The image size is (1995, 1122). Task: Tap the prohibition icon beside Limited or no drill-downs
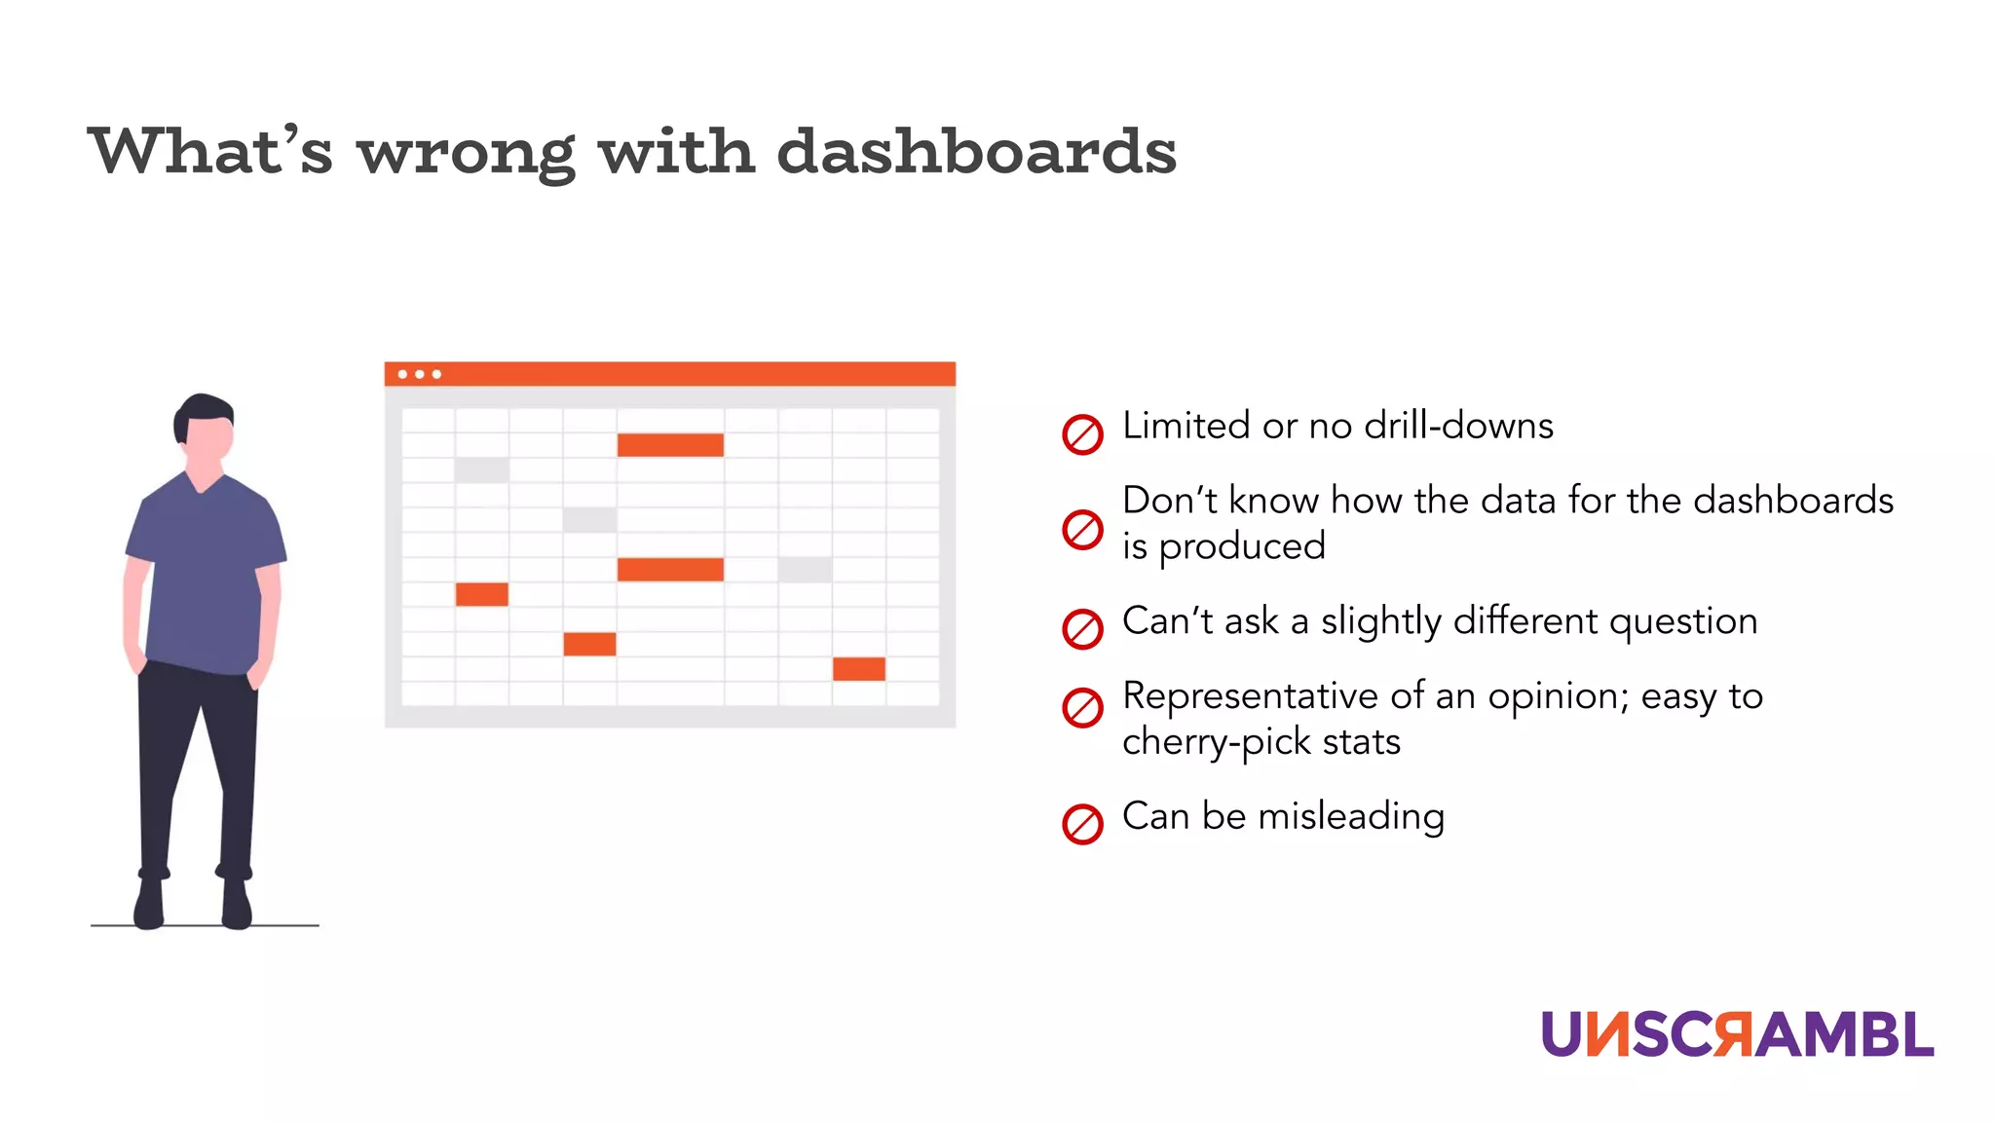pyautogui.click(x=1082, y=434)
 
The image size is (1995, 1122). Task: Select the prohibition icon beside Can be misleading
pyautogui.click(x=1082, y=824)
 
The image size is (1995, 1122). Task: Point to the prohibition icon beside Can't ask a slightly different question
pyautogui.click(x=1082, y=629)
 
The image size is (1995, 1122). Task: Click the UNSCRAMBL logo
pyautogui.click(x=1737, y=1033)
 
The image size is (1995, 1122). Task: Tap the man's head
pyautogui.click(x=205, y=429)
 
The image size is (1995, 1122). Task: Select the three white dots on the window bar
pyautogui.click(x=420, y=374)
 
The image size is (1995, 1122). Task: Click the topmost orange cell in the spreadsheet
pyautogui.click(x=670, y=445)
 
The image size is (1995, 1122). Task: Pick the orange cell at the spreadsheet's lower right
pyautogui.click(x=858, y=669)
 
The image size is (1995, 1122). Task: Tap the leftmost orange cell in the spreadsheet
pyautogui.click(x=481, y=594)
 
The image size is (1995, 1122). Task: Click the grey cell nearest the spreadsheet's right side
pyautogui.click(x=805, y=570)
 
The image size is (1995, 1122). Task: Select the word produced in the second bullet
pyautogui.click(x=1242, y=546)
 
